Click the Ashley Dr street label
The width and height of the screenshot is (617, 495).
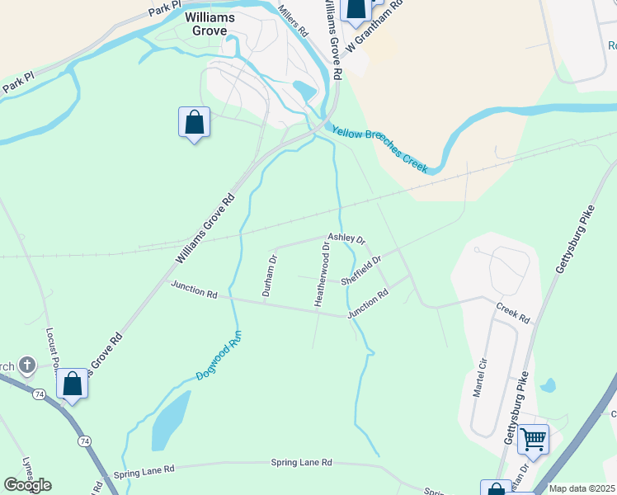pos(346,238)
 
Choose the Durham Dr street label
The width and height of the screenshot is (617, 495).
pos(268,275)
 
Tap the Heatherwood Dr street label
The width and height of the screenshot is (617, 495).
pos(322,275)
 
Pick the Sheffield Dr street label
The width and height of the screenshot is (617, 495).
pos(360,271)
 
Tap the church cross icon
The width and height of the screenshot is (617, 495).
pos(26,364)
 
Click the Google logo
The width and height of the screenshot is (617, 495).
pos(27,484)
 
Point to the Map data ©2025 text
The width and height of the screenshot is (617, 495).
pos(582,488)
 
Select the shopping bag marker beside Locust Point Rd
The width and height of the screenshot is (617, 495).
pos(72,384)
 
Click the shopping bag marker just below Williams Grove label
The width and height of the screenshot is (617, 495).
pos(194,123)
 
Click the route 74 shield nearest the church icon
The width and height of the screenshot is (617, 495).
pos(39,394)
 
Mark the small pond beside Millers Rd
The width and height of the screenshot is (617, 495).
pos(304,90)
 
